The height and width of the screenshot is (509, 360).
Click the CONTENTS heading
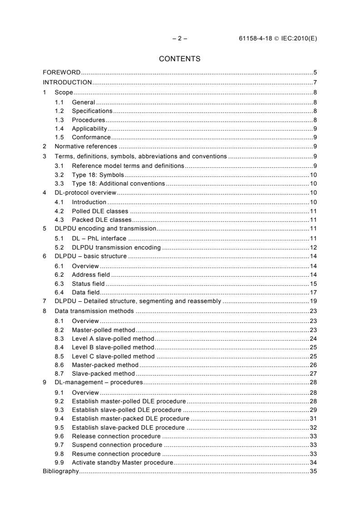pyautogui.click(x=180, y=59)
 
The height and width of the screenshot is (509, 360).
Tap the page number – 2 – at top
pyautogui.click(x=180, y=39)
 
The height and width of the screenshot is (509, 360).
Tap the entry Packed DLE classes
pyautogui.click(x=100, y=220)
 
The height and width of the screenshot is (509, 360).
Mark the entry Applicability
pyautogui.click(x=89, y=129)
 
